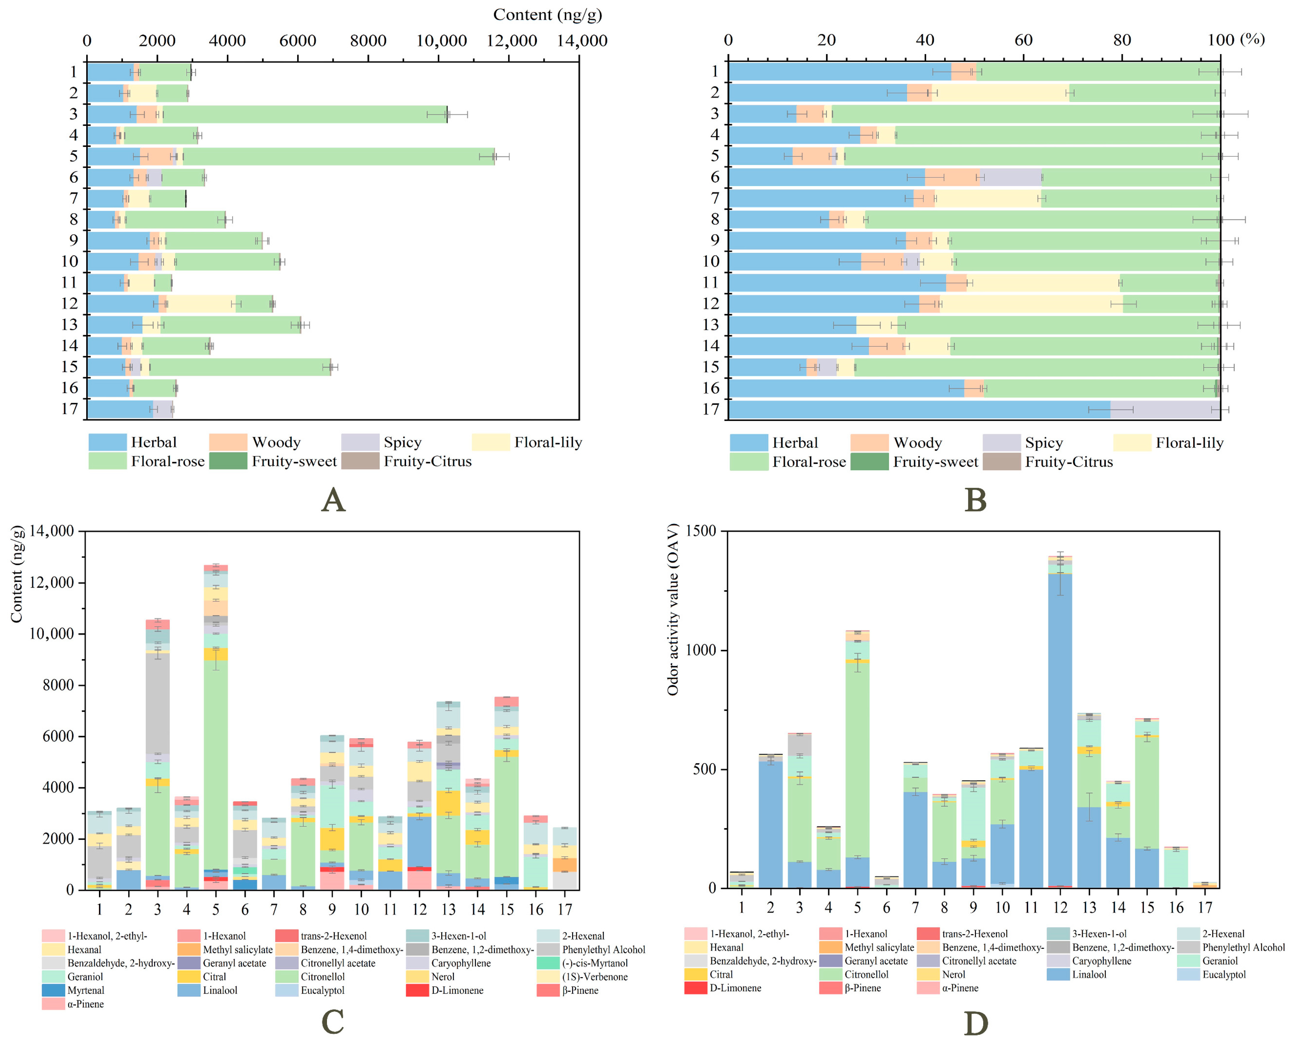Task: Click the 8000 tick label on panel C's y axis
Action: point(58,685)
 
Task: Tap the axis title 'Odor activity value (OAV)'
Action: point(673,609)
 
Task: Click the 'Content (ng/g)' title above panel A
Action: point(547,14)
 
